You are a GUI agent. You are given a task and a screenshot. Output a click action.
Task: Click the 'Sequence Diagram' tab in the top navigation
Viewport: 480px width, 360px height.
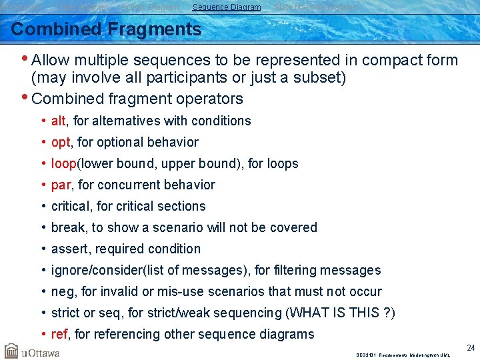pyautogui.click(x=226, y=7)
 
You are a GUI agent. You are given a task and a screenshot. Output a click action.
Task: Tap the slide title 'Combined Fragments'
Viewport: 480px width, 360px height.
pyautogui.click(x=106, y=29)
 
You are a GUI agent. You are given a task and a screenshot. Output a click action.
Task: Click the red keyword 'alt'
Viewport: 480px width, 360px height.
pyautogui.click(x=58, y=121)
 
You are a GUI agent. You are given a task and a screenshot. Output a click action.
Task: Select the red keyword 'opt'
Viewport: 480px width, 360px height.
pyautogui.click(x=60, y=143)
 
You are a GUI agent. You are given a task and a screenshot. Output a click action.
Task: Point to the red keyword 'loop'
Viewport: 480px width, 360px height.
pyautogui.click(x=64, y=163)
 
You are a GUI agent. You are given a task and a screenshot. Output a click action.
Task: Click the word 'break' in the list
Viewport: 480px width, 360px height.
pyautogui.click(x=67, y=227)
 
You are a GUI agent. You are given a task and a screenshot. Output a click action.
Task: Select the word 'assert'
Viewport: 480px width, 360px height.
pyautogui.click(x=69, y=249)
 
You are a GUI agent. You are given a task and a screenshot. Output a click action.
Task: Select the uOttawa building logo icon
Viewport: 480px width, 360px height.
pyautogui.click(x=11, y=351)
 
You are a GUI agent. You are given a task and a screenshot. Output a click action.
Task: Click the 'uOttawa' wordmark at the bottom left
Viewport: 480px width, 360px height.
pyautogui.click(x=41, y=352)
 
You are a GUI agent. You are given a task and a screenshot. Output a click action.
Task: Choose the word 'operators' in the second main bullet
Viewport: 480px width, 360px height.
pyautogui.click(x=211, y=99)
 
